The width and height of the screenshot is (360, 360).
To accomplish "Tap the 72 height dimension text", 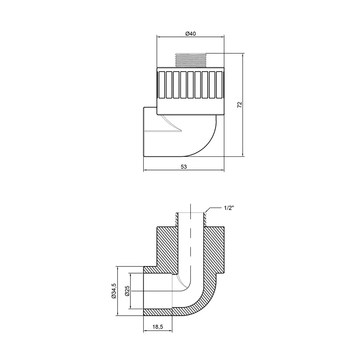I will point(240,105).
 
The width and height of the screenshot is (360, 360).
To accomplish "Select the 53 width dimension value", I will point(184,166).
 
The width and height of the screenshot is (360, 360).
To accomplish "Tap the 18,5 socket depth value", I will point(158,327).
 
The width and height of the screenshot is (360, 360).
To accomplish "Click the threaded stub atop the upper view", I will point(190,60).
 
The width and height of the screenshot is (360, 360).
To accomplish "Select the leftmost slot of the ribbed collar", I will point(162,84).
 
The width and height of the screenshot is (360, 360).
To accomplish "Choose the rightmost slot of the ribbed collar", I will point(219,84).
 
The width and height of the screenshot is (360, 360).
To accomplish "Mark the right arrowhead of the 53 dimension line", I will point(222,171).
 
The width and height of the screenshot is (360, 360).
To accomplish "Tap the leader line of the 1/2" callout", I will point(209,209).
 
